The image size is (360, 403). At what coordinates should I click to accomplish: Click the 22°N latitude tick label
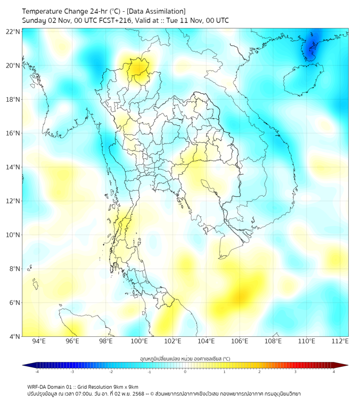coord(13,31)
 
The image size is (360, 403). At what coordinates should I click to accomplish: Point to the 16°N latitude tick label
coord(13,133)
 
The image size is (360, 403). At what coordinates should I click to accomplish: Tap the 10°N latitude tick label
coord(13,235)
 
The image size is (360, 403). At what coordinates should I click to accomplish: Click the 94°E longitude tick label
coord(39,341)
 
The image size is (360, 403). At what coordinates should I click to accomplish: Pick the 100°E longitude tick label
coord(139,341)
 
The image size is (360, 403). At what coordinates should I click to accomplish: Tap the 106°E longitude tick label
coord(239,341)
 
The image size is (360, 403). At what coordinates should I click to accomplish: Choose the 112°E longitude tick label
coord(339,341)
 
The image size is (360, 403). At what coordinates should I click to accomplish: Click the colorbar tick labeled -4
coord(37,372)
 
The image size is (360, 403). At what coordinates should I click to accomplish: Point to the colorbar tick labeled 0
coord(185,372)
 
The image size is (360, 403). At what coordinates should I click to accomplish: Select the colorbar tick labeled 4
coord(333,372)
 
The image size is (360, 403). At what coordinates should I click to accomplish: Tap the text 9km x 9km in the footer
coord(126,386)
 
